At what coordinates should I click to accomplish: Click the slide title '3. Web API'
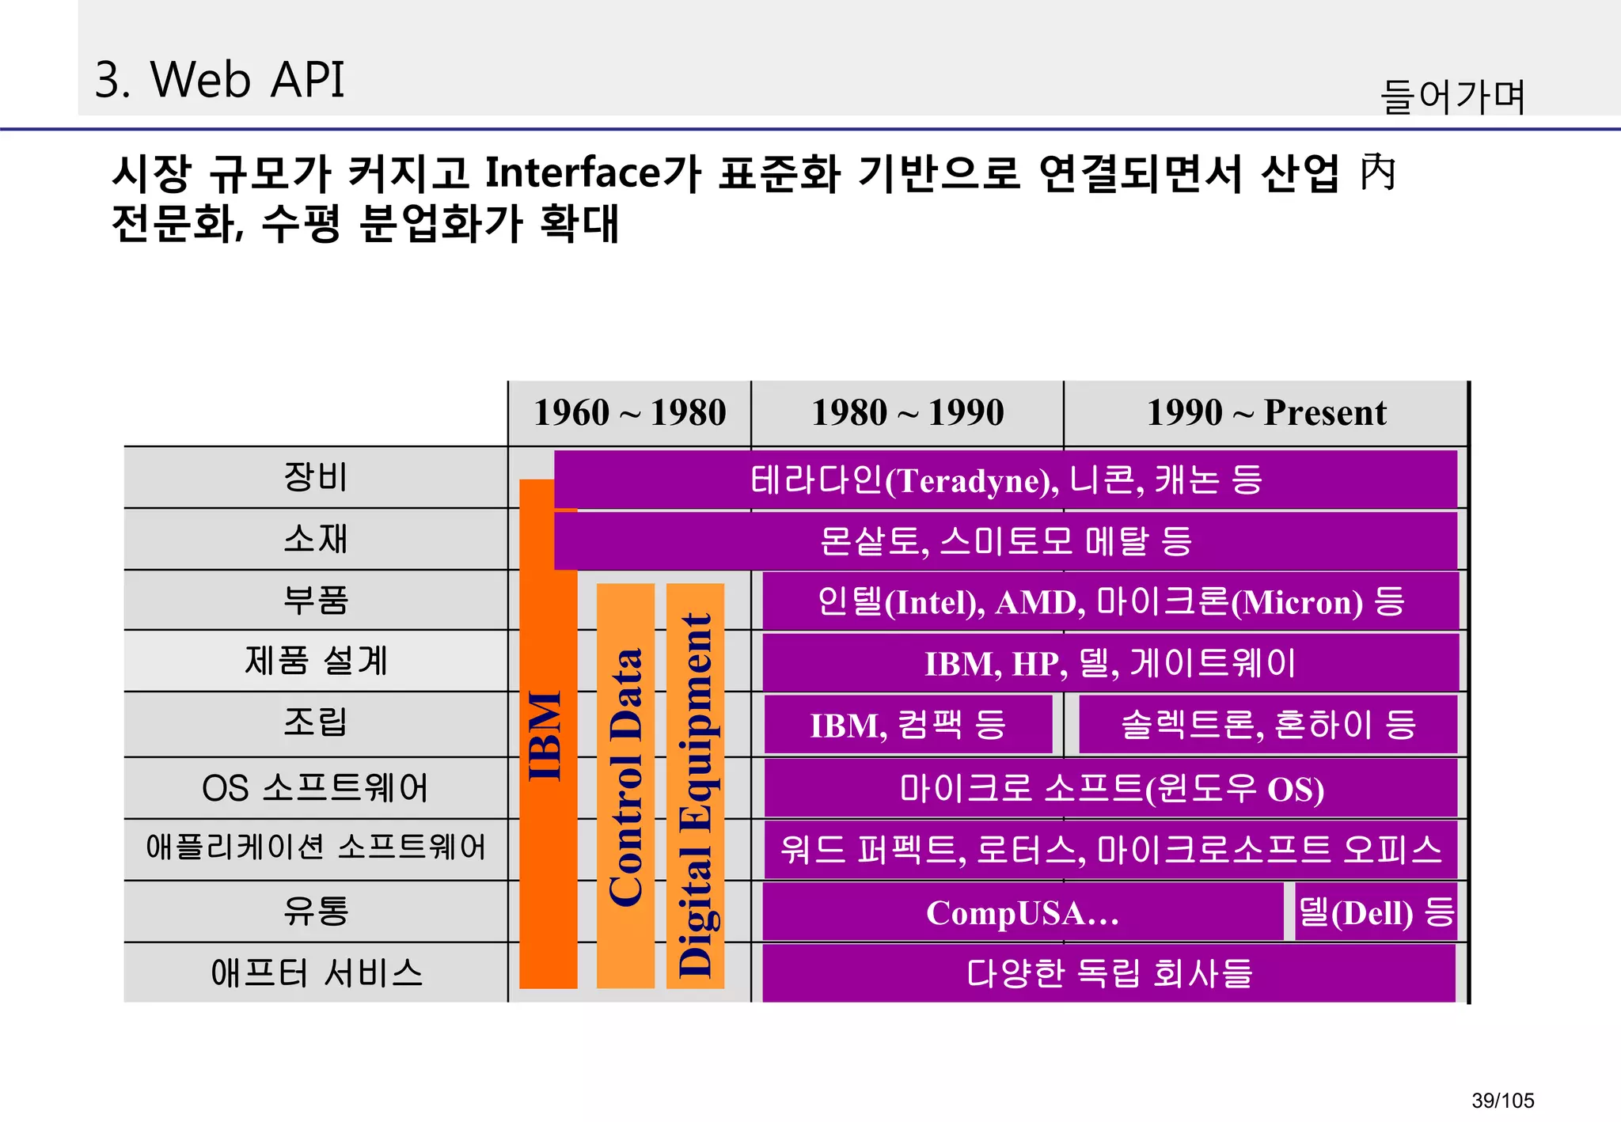point(219,80)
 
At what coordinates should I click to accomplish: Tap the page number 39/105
point(1502,1100)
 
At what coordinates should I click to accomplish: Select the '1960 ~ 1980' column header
point(629,413)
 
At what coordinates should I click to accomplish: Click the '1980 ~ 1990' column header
point(907,413)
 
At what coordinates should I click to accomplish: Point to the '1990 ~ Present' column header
point(1266,413)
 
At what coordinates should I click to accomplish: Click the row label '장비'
point(315,477)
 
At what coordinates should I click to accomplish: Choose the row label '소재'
point(315,539)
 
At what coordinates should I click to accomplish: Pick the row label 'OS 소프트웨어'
point(315,788)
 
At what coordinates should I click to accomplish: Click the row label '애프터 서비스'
point(315,973)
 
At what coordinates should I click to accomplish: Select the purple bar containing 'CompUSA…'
point(1022,913)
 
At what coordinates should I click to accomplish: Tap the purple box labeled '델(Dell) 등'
point(1376,913)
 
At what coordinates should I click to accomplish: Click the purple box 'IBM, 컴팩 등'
point(908,725)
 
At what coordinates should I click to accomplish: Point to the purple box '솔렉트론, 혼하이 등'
point(1267,725)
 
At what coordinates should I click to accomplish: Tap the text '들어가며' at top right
point(1452,97)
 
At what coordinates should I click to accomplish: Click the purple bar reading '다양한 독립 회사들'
point(1108,973)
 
